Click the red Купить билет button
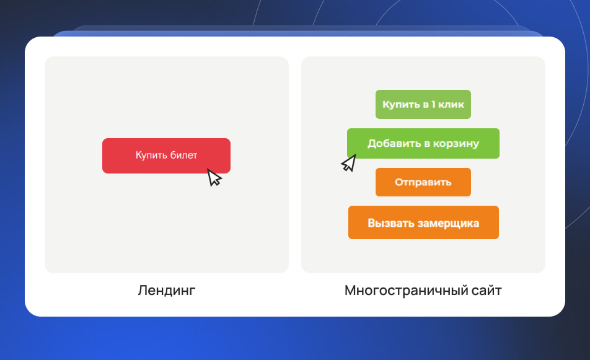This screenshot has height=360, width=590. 166,156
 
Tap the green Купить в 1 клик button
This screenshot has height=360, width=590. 423,104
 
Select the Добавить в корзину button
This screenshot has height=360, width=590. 423,144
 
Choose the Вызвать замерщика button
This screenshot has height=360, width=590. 423,222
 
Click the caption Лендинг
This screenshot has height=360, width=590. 167,290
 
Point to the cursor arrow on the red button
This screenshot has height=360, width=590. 214,178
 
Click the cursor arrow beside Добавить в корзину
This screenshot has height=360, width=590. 349,164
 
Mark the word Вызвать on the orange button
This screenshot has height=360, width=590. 390,223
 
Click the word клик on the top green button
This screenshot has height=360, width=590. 452,105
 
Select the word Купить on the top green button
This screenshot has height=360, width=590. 400,105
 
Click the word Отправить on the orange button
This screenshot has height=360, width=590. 423,183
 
